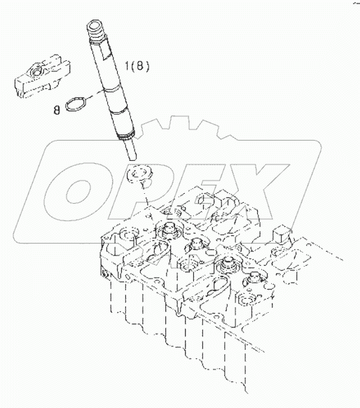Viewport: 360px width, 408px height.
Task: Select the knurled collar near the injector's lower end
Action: (126, 134)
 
